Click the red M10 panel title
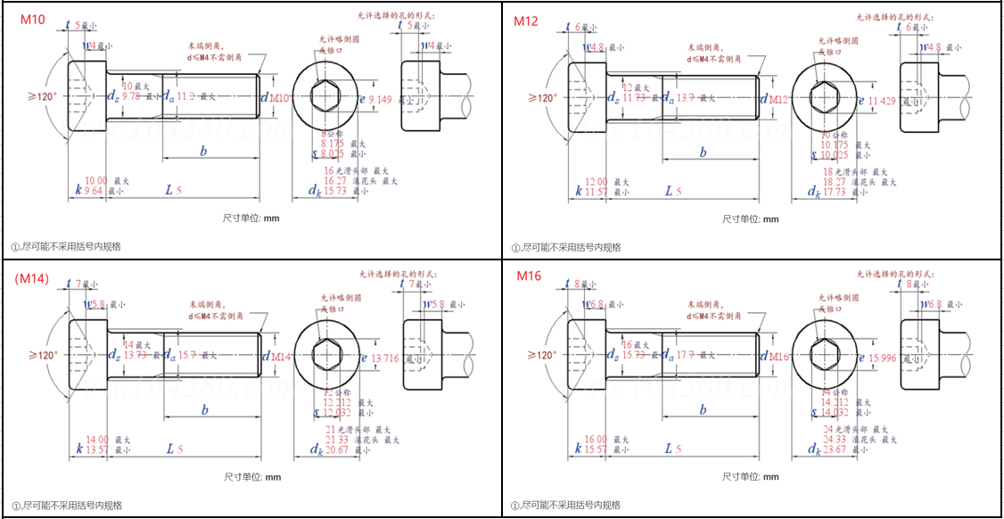32,21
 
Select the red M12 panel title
526,21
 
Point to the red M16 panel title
530,276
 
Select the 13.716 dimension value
385,358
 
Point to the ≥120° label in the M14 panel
42,355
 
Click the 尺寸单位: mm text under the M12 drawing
750,219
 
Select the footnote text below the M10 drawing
66,247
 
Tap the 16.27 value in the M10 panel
335,180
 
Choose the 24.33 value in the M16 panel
835,439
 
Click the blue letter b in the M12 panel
703,152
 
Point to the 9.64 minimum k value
94,191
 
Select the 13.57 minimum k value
95,449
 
